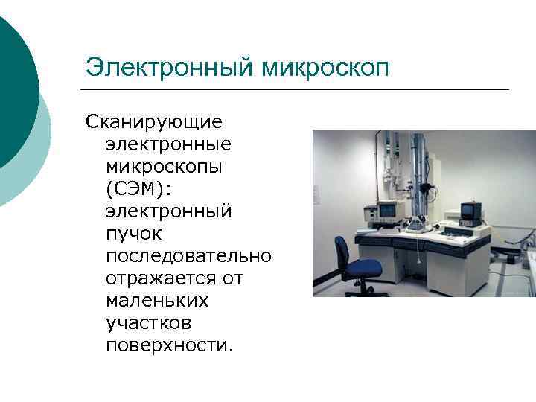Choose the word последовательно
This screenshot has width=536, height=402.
(x=189, y=255)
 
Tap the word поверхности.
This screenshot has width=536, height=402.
(x=169, y=345)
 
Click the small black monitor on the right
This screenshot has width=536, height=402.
(x=469, y=213)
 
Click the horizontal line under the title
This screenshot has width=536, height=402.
(x=298, y=89)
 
